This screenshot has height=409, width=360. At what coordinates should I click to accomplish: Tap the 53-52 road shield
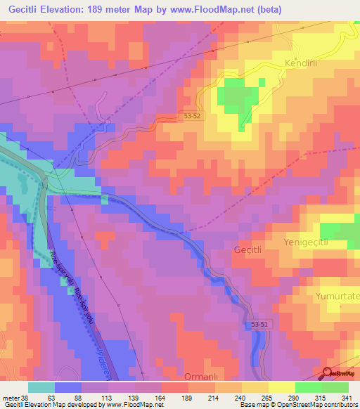click(x=191, y=117)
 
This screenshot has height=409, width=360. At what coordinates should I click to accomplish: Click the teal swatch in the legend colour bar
click(x=41, y=387)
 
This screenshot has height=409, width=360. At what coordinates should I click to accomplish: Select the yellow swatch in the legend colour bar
click(x=282, y=387)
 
